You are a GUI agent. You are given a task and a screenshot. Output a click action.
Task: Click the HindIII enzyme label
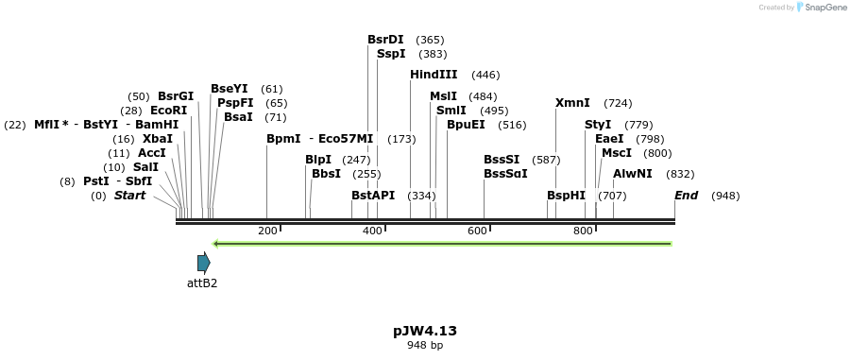click(434, 75)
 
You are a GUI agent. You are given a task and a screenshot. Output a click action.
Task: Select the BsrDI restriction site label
click(385, 40)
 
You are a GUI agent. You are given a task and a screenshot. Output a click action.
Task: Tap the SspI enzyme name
click(391, 54)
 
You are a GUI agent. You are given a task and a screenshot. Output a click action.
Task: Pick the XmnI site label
click(572, 103)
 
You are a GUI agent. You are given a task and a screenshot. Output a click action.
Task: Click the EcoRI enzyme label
click(169, 111)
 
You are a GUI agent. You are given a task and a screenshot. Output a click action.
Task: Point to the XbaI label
click(158, 139)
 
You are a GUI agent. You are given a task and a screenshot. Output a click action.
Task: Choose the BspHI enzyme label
click(566, 196)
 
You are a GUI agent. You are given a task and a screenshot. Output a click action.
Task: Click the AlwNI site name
click(633, 174)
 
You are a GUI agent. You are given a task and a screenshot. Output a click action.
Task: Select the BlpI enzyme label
click(318, 160)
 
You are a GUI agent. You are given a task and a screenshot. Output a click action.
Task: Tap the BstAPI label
click(373, 196)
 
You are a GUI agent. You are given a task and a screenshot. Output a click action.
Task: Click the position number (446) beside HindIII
click(485, 76)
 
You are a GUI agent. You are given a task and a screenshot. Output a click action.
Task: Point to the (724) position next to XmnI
click(618, 104)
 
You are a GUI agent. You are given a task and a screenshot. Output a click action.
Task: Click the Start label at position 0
click(130, 196)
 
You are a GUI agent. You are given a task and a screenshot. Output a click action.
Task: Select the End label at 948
click(686, 196)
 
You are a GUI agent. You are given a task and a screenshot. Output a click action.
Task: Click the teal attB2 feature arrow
click(203, 263)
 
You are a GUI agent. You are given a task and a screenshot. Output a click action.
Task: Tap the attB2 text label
click(202, 283)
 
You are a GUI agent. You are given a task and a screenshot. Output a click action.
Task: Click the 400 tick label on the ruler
click(372, 231)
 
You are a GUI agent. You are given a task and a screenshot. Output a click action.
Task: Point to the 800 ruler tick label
click(583, 231)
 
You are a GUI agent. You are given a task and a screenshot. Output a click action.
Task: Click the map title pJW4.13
click(425, 331)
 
